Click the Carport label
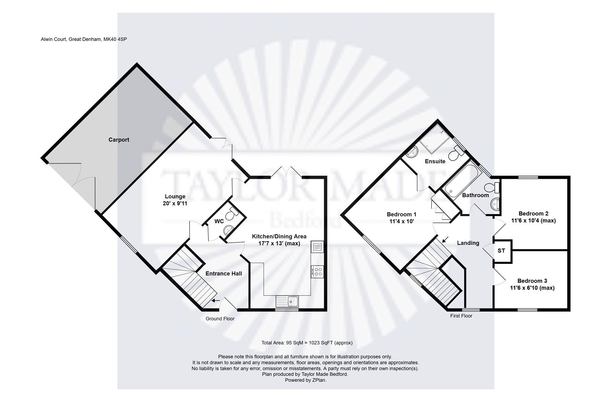(119, 140)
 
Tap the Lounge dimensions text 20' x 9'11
(175, 203)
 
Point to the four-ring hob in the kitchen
(317, 272)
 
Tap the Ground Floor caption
(220, 318)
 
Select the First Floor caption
(461, 316)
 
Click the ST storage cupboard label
(501, 251)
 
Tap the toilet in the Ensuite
(456, 153)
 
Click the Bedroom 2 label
(533, 214)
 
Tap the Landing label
(468, 243)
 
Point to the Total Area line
(307, 342)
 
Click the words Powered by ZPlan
(305, 380)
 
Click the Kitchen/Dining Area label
(279, 236)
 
